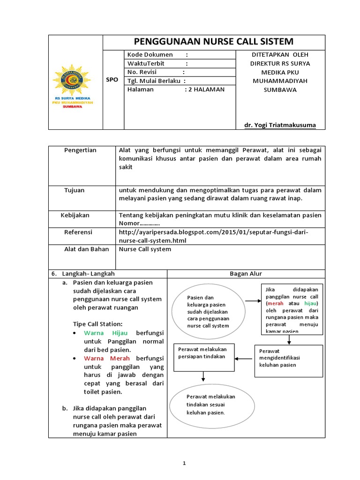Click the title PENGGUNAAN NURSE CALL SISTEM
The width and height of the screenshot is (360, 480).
pos(213,41)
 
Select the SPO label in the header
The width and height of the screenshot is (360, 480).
pos(112,80)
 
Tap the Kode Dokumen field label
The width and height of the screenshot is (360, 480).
pos(150,55)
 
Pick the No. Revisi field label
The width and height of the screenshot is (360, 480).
pos(142,72)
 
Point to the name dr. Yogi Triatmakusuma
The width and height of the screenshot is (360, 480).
pos(280,125)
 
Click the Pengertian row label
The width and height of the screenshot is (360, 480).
pos(80,150)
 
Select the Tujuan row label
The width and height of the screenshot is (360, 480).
pos(74,190)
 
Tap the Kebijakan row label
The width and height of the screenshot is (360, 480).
pos(75,215)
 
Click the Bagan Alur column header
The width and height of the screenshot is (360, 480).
pos(246,274)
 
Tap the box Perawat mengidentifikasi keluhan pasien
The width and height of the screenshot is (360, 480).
pos(288,361)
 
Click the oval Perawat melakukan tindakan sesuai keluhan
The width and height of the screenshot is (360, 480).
pos(211,404)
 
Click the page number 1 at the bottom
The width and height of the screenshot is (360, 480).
pos(184,463)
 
